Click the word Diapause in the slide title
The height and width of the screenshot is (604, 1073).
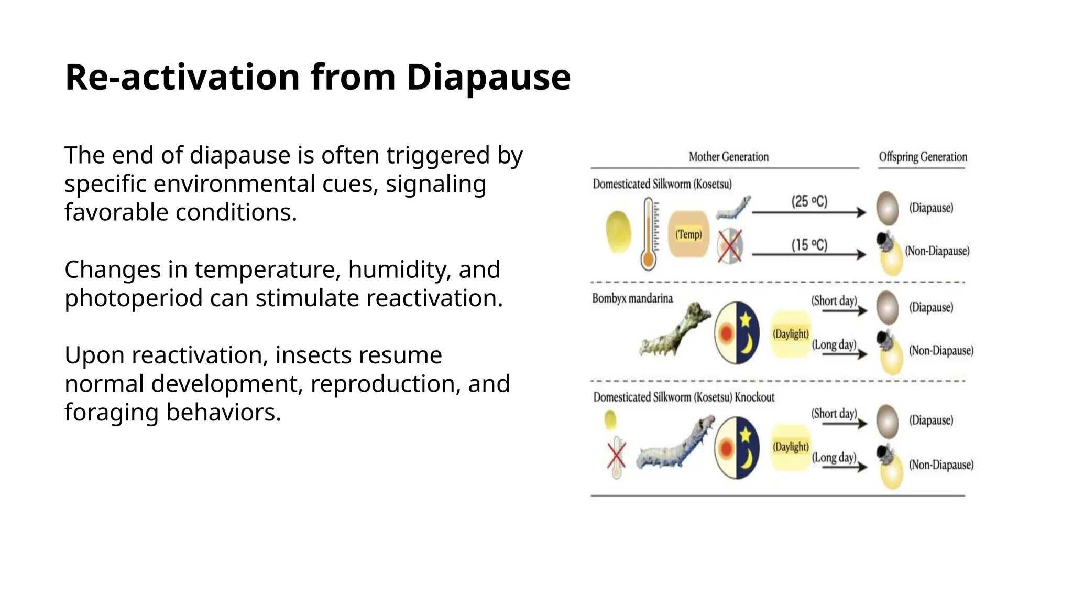[488, 78]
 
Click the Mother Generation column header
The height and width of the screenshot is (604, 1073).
[728, 157]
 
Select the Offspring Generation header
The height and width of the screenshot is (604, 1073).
[923, 157]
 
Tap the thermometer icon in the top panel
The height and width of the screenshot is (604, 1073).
[649, 234]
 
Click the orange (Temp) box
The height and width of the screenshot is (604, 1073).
[688, 234]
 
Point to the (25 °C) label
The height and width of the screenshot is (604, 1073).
[809, 201]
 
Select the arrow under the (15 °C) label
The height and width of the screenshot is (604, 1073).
[809, 255]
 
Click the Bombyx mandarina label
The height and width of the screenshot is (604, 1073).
[632, 298]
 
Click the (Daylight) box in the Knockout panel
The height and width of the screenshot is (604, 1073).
[791, 447]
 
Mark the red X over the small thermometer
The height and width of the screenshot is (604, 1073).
[617, 455]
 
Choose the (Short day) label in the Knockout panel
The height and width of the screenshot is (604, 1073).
[834, 414]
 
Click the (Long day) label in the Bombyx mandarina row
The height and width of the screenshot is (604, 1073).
[834, 344]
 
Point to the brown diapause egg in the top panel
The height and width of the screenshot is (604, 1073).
[888, 208]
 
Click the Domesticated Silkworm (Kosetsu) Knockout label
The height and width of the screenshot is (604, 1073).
[684, 397]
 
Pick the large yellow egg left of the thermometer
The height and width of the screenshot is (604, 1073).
[618, 231]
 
